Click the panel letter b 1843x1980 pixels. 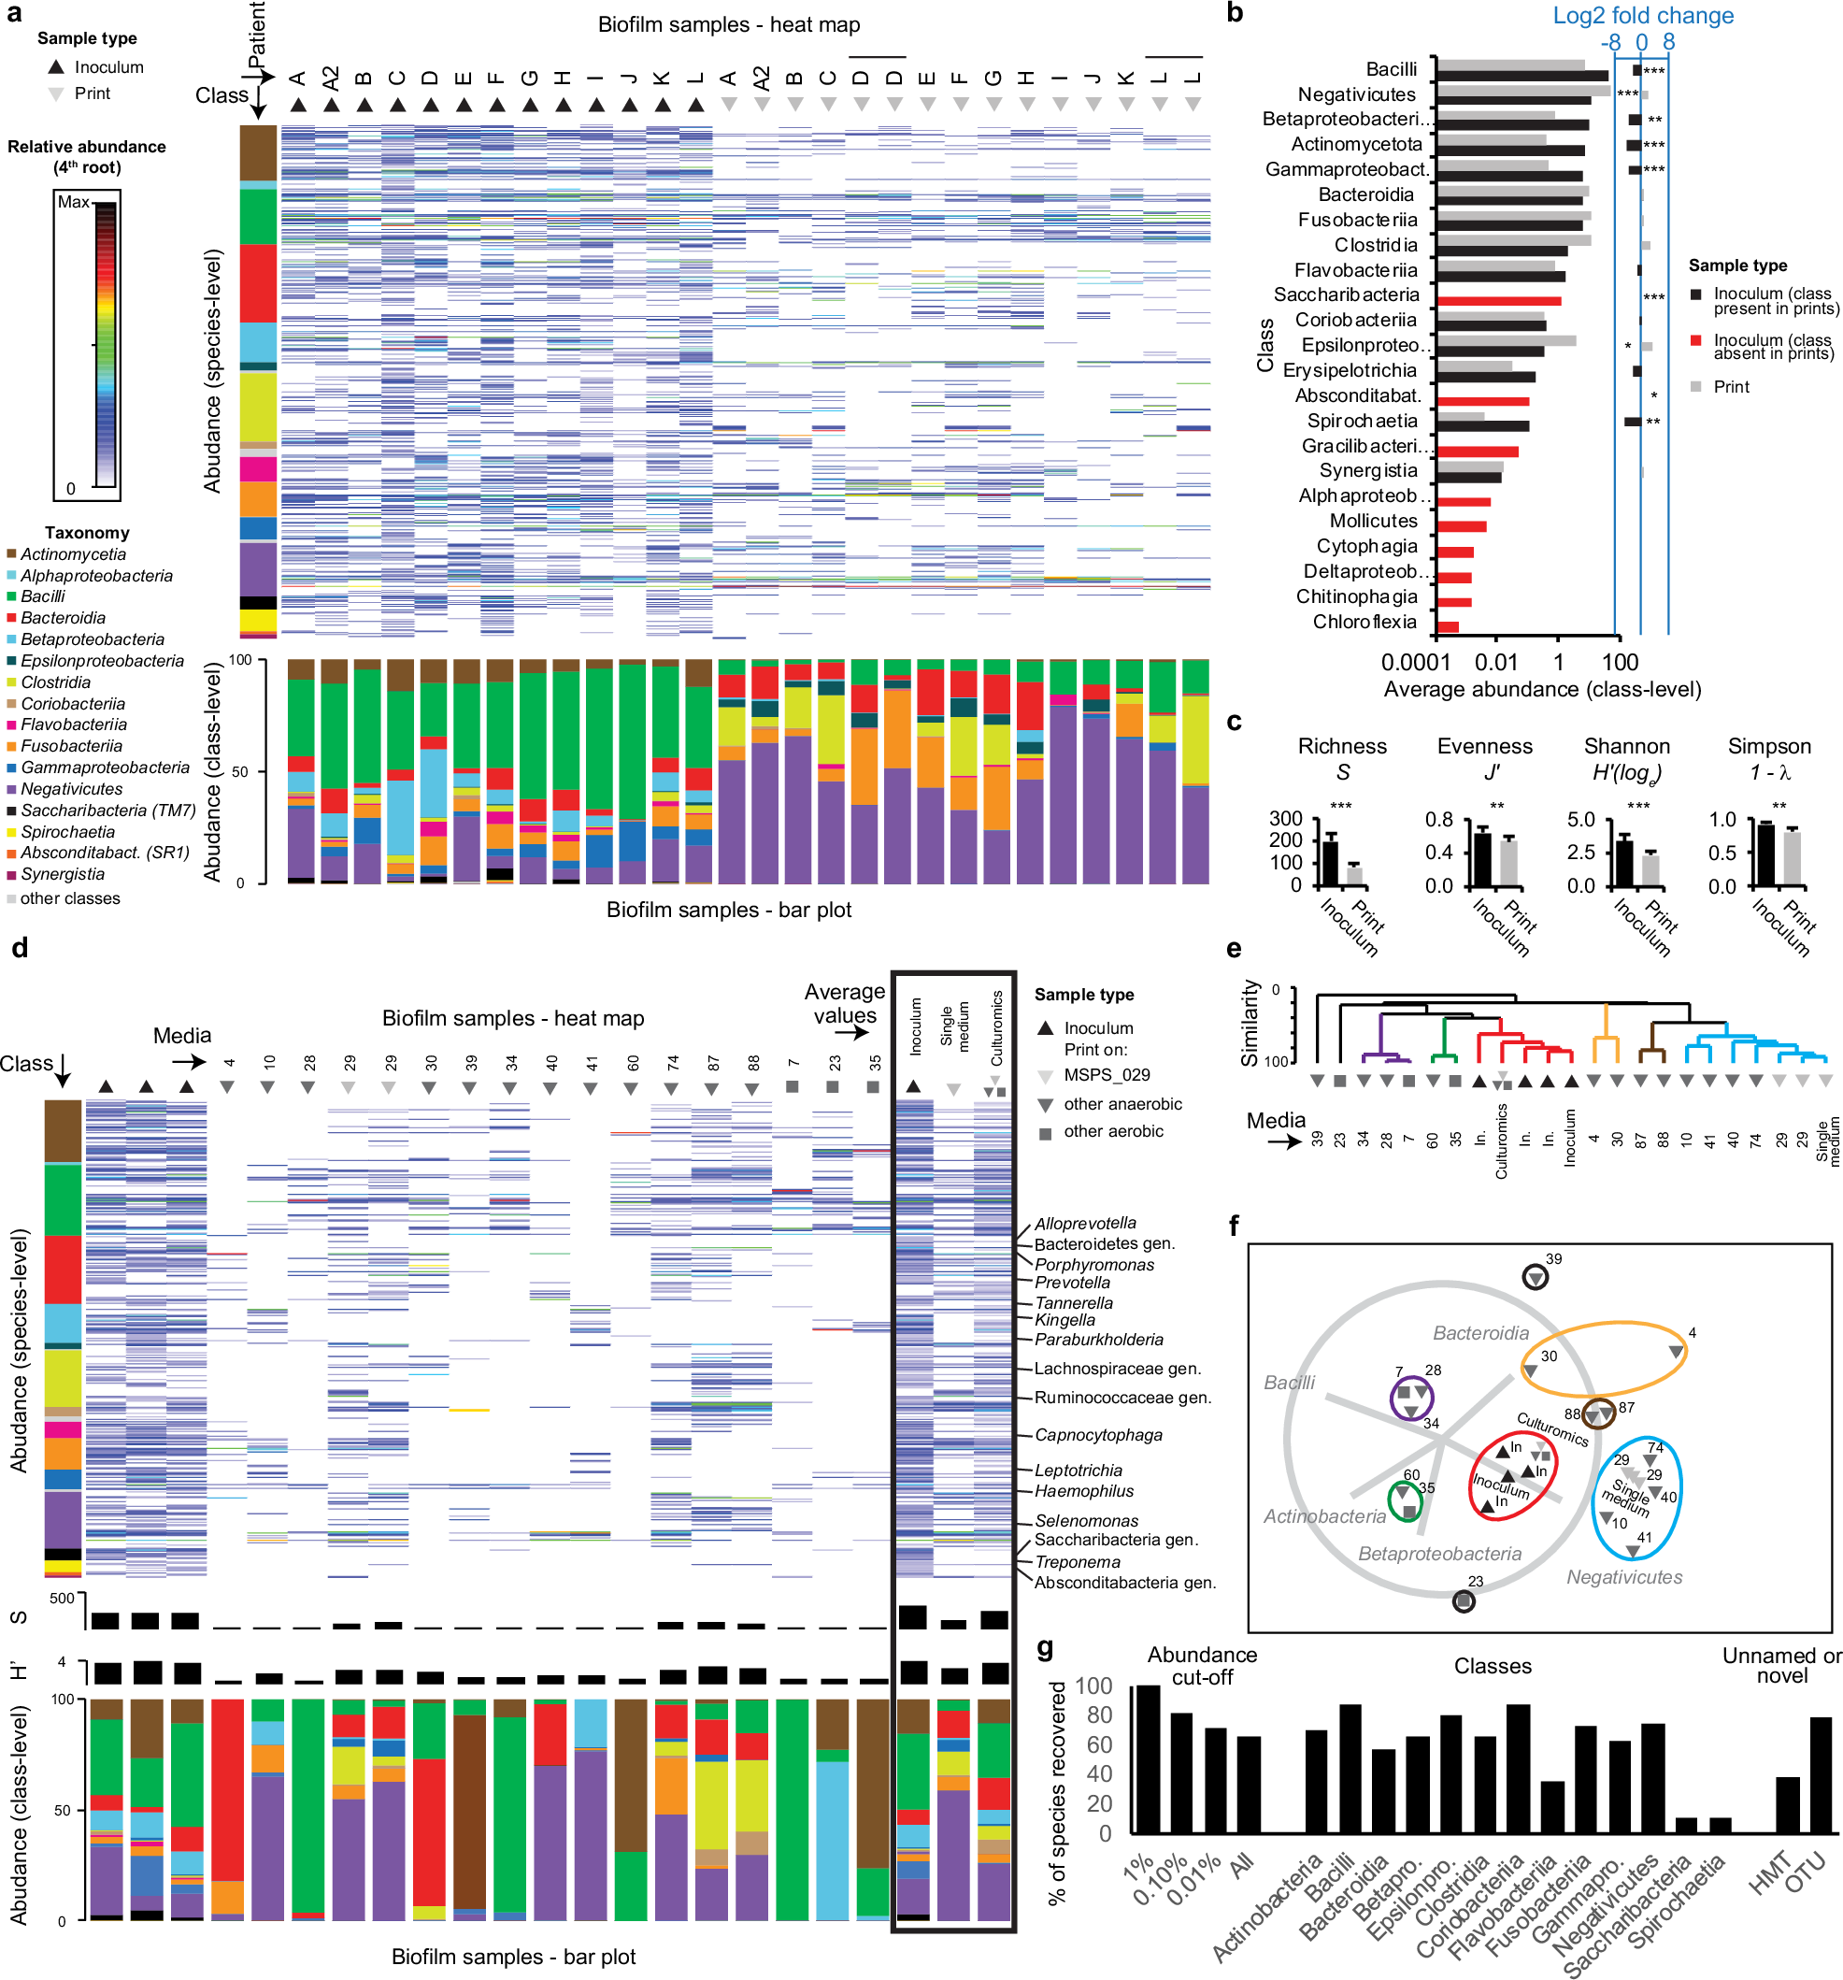click(1235, 14)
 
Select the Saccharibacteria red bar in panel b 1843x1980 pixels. click(1497, 301)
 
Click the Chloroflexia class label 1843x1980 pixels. click(1364, 623)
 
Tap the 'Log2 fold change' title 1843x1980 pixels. click(1643, 16)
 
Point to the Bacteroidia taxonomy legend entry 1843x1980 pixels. click(63, 619)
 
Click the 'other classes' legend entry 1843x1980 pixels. click(70, 898)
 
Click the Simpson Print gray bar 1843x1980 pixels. click(1793, 858)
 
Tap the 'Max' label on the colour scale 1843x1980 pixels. click(74, 202)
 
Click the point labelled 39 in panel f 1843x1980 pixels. click(1536, 1277)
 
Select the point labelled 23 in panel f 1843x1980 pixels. click(1463, 1601)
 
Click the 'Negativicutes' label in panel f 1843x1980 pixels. click(1624, 1577)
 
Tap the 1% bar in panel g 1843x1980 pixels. click(1148, 1758)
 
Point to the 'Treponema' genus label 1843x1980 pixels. click(1078, 1562)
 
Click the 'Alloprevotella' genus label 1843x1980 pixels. click(1084, 1223)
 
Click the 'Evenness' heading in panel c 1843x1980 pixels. click(1483, 747)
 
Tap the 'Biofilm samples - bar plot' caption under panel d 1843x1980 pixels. click(513, 1956)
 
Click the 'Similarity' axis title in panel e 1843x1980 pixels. click(1250, 1024)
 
